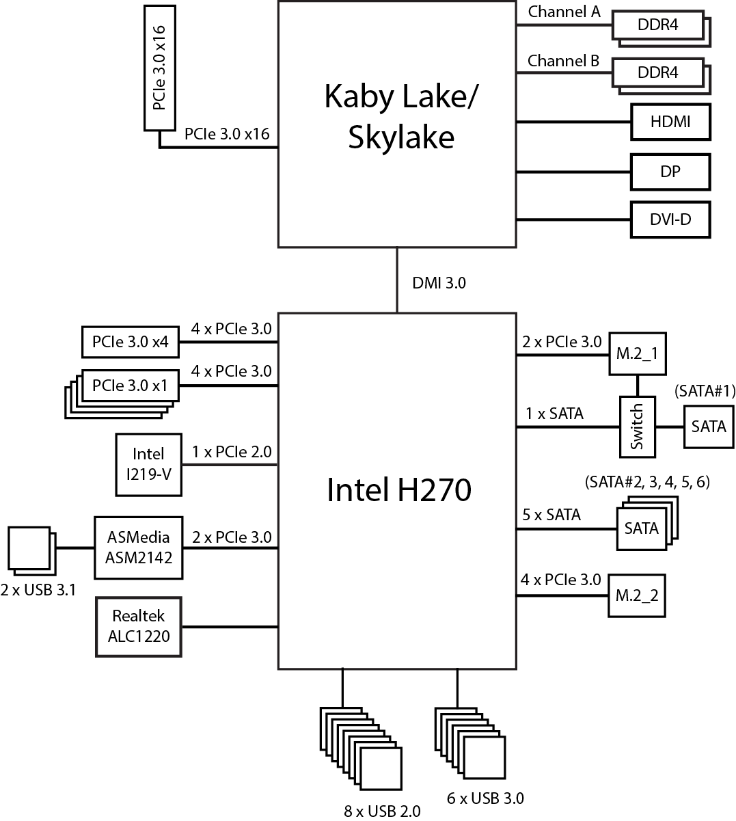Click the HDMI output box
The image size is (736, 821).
pyautogui.click(x=670, y=122)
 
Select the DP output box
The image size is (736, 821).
pyautogui.click(x=670, y=172)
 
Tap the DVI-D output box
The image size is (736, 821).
pyautogui.click(x=670, y=220)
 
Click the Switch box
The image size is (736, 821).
pyautogui.click(x=637, y=427)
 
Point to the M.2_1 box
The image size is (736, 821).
pyautogui.click(x=637, y=355)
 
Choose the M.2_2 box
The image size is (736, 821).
pyautogui.click(x=637, y=595)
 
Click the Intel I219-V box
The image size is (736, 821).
pyautogui.click(x=148, y=464)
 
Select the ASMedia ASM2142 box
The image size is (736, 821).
pyautogui.click(x=139, y=548)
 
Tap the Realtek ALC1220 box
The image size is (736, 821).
pyautogui.click(x=139, y=627)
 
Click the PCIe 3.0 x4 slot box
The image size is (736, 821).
pyautogui.click(x=130, y=342)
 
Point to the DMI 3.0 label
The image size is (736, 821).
pyautogui.click(x=439, y=283)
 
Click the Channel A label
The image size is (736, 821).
pyautogui.click(x=564, y=12)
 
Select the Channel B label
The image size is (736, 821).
pyautogui.click(x=564, y=61)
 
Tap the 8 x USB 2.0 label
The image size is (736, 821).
pyautogui.click(x=382, y=811)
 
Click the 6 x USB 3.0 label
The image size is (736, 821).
pyautogui.click(x=486, y=798)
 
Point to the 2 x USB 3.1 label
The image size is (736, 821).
pyautogui.click(x=38, y=590)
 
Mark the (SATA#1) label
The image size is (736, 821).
pyautogui.click(x=704, y=392)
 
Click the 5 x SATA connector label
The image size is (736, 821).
pyautogui.click(x=551, y=515)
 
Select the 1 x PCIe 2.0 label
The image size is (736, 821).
pyautogui.click(x=232, y=452)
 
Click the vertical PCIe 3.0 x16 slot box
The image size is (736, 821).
pyautogui.click(x=159, y=68)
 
